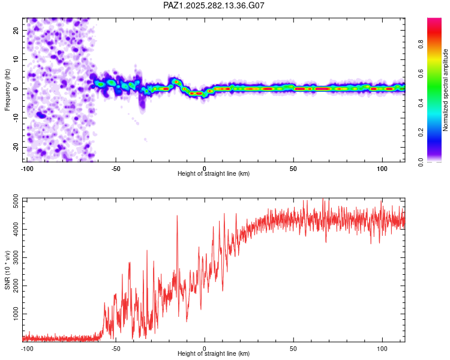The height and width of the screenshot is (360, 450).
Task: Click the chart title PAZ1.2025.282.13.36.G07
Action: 214,5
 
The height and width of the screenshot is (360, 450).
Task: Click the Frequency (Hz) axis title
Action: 8,89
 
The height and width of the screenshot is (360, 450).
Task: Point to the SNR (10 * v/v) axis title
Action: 8,269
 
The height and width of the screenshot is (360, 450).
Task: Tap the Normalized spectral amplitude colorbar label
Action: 446,89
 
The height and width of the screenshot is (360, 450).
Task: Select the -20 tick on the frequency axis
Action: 16,147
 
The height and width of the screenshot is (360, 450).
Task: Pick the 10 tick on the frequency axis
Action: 17,59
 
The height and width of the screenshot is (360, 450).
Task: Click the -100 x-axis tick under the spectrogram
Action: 27,169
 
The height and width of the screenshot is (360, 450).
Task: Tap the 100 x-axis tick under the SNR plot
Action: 382,348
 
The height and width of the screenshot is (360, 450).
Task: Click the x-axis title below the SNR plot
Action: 214,355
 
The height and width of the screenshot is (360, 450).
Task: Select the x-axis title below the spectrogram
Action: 214,174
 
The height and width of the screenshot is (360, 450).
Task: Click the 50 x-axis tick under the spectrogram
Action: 293,169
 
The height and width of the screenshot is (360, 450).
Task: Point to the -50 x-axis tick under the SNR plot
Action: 116,348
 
